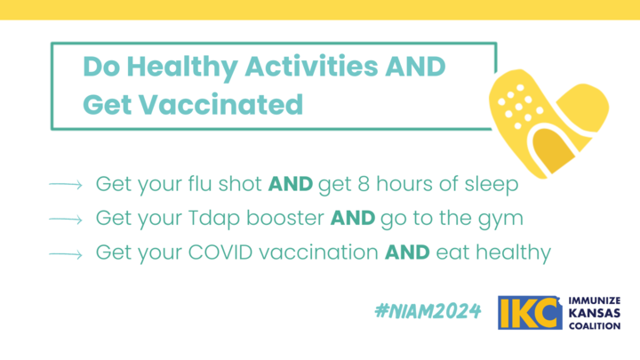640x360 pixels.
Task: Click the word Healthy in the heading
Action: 182,68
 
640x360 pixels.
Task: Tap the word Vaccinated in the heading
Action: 220,105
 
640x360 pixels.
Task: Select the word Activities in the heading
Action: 311,66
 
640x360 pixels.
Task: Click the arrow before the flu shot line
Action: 65,185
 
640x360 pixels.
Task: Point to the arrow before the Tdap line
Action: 65,220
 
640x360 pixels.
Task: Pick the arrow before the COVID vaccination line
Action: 65,254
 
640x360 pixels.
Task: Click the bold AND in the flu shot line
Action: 290,184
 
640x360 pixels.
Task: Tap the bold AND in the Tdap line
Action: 353,218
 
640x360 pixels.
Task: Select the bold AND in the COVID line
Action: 407,252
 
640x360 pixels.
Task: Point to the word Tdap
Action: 214,220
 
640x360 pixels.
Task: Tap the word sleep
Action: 492,185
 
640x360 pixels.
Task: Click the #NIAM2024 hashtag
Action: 428,311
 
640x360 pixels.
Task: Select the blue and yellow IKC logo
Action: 530,313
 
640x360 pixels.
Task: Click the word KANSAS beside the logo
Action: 595,314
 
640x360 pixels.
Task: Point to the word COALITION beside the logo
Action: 595,326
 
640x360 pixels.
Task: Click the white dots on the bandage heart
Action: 520,107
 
